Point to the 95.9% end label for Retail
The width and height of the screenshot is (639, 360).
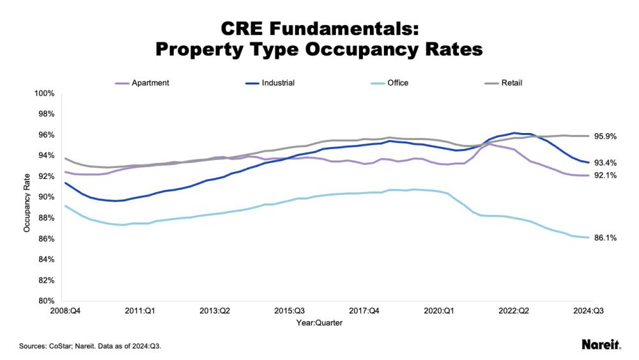[605, 136]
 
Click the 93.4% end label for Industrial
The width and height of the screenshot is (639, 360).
[605, 162]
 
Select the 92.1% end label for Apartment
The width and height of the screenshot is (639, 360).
[605, 175]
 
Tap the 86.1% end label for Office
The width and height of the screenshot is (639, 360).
[605, 238]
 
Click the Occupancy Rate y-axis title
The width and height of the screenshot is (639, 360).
[27, 198]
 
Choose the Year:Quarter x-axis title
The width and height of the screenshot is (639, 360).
[319, 323]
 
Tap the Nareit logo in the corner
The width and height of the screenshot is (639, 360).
[601, 345]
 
